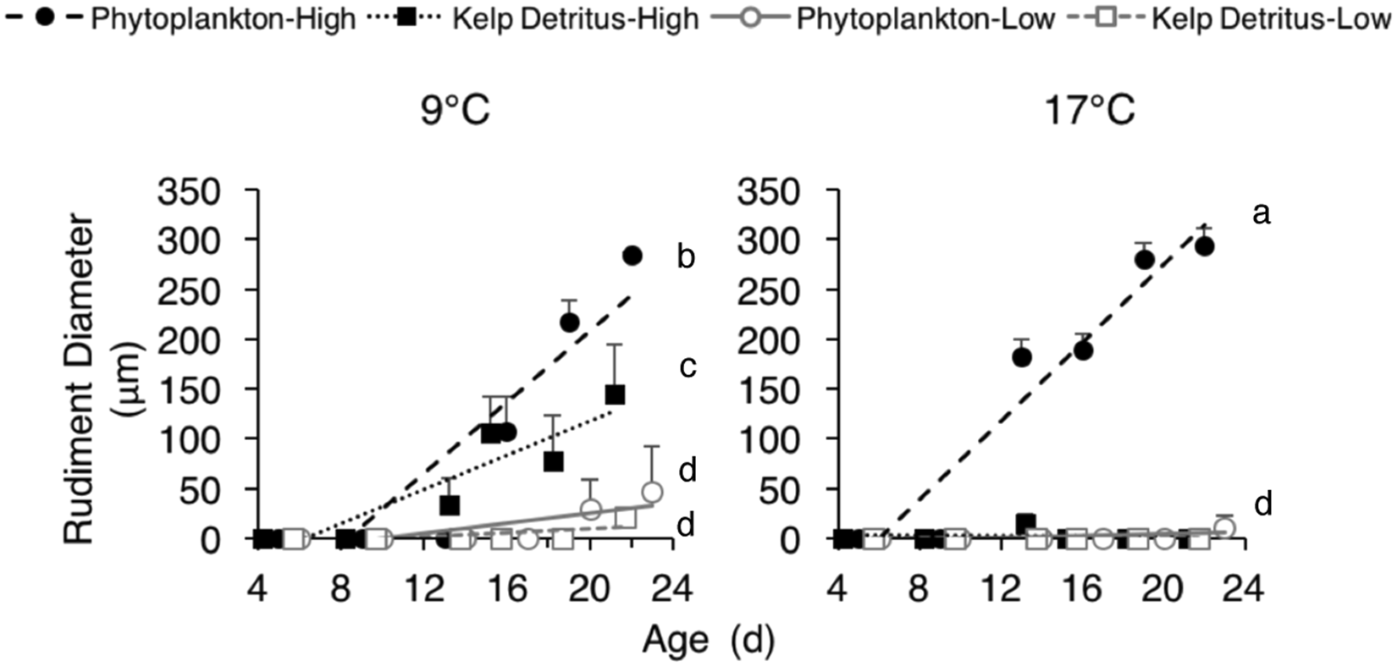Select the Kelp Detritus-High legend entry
534,18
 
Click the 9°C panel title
455,112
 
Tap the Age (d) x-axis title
708,641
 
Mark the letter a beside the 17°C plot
1262,214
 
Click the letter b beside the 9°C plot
686,256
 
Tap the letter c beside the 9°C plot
687,367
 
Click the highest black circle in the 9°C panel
632,255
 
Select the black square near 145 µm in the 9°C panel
616,394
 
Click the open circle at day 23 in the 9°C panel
652,493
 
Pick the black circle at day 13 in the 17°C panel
1022,357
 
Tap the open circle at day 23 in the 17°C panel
1224,528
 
